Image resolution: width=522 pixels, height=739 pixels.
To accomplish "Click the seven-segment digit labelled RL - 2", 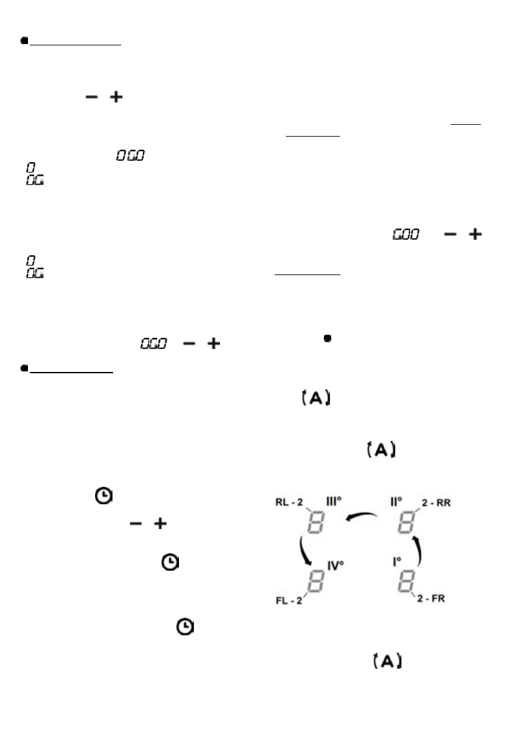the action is click(316, 524).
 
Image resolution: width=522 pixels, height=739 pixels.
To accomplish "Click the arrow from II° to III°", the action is click(362, 517).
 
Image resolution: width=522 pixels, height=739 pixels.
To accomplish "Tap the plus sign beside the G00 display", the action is click(475, 235).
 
